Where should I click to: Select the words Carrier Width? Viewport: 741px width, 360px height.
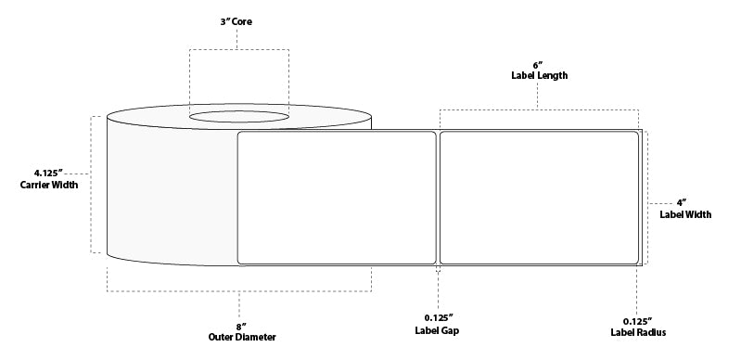49,185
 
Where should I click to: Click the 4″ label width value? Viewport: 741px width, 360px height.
684,202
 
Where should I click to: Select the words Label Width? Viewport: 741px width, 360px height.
685,214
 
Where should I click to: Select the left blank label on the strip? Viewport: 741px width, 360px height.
337,198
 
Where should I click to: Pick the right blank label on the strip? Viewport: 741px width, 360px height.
539,198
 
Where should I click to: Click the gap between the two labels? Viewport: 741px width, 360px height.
438,198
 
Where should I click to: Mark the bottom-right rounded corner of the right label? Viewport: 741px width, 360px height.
635,260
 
